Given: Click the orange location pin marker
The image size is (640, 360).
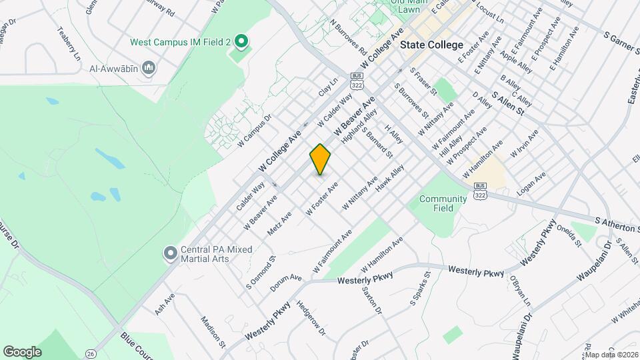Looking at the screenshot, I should click(x=321, y=159).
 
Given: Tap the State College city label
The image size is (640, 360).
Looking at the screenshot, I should click(x=432, y=45).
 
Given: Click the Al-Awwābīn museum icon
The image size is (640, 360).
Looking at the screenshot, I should click(x=149, y=67).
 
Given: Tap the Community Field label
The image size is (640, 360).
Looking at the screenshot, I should click(x=443, y=203).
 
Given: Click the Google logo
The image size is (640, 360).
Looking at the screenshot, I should click(x=22, y=351).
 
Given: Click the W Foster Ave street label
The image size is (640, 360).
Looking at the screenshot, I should click(x=322, y=198).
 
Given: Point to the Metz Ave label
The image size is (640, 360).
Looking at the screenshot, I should click(x=279, y=223).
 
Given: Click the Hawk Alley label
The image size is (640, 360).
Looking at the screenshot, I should click(x=389, y=180).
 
